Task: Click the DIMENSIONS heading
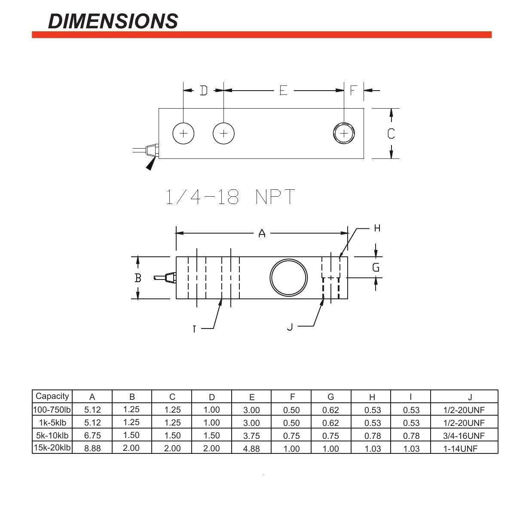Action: (113, 21)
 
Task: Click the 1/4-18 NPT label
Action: (230, 197)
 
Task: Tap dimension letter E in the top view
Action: (283, 90)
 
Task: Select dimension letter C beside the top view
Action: (391, 134)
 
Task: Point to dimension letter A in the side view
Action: (262, 233)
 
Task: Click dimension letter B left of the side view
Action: (138, 278)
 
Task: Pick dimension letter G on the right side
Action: (376, 268)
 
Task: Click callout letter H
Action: (377, 228)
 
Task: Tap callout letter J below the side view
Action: (290, 327)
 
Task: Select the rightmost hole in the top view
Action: (344, 133)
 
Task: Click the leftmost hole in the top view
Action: (183, 133)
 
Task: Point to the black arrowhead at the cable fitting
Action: (150, 164)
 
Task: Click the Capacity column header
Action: (52, 396)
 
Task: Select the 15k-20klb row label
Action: (52, 448)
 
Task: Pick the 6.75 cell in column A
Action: (92, 435)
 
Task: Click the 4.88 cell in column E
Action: (251, 448)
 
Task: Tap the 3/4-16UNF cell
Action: (464, 436)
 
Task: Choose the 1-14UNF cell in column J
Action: (460, 449)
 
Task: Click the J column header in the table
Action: (470, 397)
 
